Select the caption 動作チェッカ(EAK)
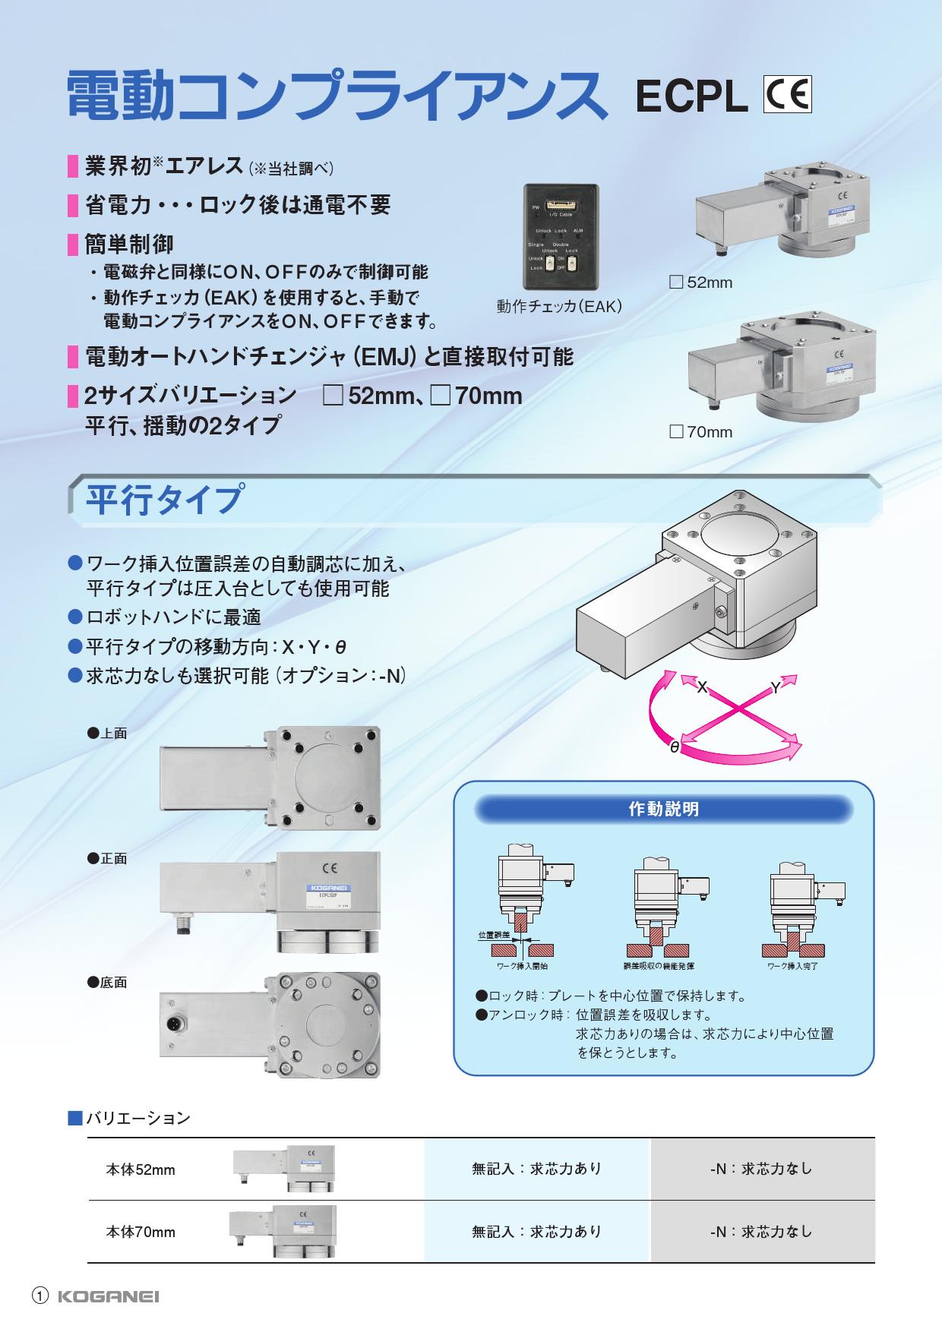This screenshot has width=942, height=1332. (559, 306)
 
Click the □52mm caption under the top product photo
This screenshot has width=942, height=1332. (700, 282)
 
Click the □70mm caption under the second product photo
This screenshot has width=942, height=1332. (700, 432)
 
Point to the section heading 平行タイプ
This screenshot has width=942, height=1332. (165, 500)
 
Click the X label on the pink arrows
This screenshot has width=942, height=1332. (702, 687)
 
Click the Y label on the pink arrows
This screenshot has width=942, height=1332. (775, 687)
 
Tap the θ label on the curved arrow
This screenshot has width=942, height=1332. (674, 747)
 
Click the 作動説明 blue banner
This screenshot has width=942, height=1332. (663, 810)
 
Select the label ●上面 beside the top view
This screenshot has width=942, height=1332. (107, 734)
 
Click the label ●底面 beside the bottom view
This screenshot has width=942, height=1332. (107, 983)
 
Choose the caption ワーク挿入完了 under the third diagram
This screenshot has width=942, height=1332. (792, 966)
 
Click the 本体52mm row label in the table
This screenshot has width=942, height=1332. (141, 1169)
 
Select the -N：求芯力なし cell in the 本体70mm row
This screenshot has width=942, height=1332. (761, 1232)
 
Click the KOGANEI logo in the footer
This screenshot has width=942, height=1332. (109, 1297)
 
